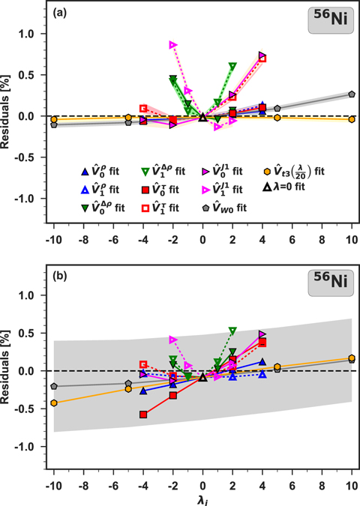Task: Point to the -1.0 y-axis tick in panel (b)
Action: pyautogui.click(x=28, y=446)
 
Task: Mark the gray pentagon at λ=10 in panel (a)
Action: pyautogui.click(x=352, y=94)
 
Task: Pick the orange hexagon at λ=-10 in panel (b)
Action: pyautogui.click(x=53, y=403)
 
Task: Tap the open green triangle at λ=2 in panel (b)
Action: pyautogui.click(x=232, y=331)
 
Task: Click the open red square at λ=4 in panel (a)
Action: pyautogui.click(x=262, y=58)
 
